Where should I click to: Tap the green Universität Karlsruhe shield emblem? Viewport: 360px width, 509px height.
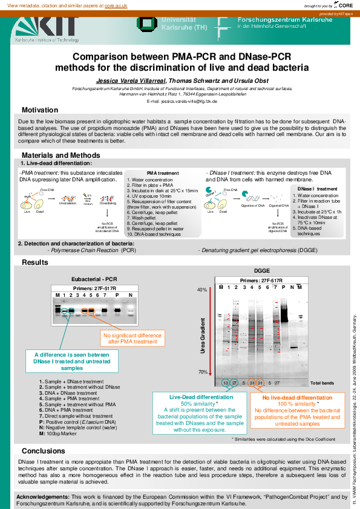coord(146,23)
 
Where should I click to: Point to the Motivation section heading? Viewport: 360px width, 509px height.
coord(40,110)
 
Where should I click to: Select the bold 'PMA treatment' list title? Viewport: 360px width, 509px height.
coord(163,173)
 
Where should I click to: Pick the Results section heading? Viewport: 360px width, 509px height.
coord(34,262)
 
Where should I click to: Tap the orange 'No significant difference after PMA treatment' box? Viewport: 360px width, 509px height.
coord(132,338)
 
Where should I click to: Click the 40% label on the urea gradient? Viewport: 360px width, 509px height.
coord(201,290)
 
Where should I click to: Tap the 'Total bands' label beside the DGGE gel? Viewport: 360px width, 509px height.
coord(322,383)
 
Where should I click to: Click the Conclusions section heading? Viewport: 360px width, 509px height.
coord(43,451)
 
